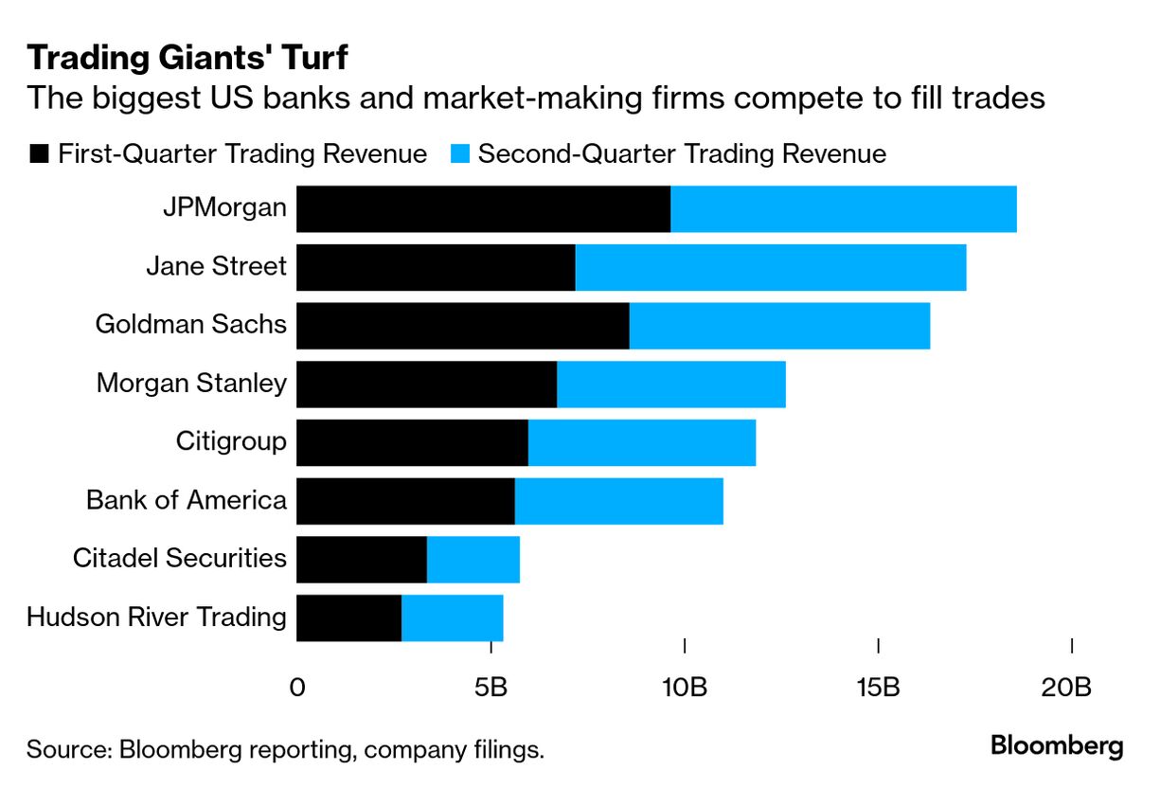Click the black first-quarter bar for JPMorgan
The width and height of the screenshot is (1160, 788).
(483, 209)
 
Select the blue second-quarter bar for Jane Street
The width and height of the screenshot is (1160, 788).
(771, 267)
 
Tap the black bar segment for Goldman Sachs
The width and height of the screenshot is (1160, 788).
(462, 326)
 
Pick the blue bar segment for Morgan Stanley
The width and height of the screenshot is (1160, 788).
(671, 385)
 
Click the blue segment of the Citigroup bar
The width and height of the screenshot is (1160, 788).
(642, 442)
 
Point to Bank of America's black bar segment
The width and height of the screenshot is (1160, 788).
(405, 501)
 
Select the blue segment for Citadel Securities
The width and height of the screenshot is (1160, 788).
(473, 559)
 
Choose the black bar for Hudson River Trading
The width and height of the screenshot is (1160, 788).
(348, 618)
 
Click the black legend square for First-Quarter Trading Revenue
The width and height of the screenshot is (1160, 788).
(39, 154)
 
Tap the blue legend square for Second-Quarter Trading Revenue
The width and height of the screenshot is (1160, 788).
(460, 154)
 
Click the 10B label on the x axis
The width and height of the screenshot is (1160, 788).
(684, 687)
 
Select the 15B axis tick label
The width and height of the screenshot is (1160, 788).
(878, 687)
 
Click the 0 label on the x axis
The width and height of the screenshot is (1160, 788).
(297, 687)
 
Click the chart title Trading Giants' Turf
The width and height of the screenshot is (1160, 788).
(187, 59)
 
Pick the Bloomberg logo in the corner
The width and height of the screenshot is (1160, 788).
(1057, 746)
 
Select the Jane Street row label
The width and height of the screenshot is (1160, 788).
(216, 266)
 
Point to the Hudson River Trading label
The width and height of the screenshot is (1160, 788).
(156, 618)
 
